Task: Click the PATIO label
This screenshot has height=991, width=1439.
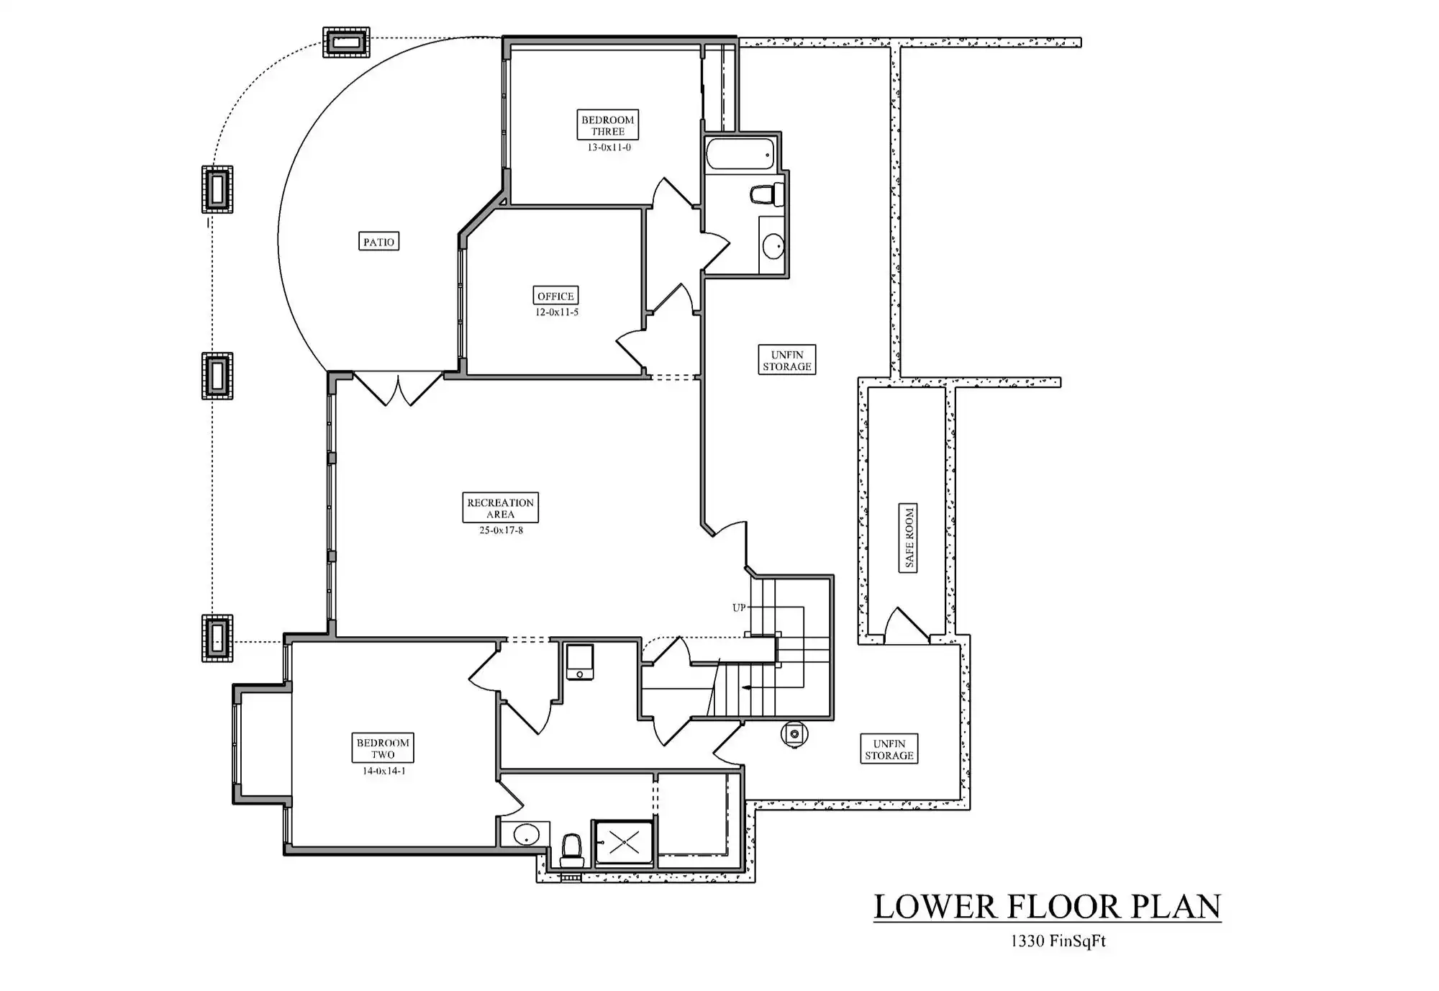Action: click(378, 241)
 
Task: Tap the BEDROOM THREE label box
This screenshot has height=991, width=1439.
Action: click(608, 125)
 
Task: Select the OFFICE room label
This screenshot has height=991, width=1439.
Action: click(555, 295)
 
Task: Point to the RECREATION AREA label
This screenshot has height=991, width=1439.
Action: click(500, 507)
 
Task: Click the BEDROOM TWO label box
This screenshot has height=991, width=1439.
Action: click(383, 748)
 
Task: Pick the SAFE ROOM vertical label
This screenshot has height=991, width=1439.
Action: click(908, 538)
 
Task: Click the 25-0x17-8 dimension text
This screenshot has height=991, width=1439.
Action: click(501, 531)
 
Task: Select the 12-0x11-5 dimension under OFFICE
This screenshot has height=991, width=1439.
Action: click(556, 312)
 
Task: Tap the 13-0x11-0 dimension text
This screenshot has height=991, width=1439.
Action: click(609, 148)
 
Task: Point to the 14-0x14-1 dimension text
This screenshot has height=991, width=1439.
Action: click(383, 771)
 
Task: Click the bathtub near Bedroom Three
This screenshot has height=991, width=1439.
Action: click(740, 153)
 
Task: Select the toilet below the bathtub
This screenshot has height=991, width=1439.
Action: click(764, 194)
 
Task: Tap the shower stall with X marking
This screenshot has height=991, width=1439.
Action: click(624, 843)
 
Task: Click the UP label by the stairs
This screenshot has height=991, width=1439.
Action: click(739, 608)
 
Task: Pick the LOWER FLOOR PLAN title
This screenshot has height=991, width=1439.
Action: click(1047, 906)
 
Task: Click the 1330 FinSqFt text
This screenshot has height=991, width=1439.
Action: click(1058, 941)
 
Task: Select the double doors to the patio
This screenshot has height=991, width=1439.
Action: click(398, 389)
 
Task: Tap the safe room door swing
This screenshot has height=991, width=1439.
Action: click(906, 625)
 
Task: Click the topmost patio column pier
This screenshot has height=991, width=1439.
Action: click(346, 42)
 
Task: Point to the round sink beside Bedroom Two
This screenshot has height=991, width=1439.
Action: click(525, 835)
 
